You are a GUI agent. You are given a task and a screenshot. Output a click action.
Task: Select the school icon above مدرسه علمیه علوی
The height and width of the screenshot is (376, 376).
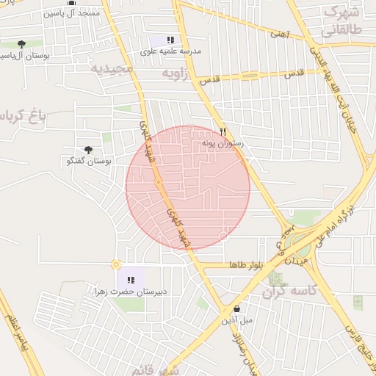(x=170, y=40)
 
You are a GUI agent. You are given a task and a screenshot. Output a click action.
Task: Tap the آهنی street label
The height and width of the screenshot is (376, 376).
(x=280, y=34)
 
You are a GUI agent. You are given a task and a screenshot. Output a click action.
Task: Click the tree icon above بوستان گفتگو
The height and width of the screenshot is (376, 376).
(x=89, y=150)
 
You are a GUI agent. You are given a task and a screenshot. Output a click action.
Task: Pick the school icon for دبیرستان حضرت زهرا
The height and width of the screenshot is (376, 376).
(x=131, y=279)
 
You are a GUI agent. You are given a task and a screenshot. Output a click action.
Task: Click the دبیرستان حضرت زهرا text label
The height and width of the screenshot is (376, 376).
(x=131, y=292)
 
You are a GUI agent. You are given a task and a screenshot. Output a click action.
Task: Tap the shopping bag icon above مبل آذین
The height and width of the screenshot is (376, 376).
(x=236, y=309)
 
